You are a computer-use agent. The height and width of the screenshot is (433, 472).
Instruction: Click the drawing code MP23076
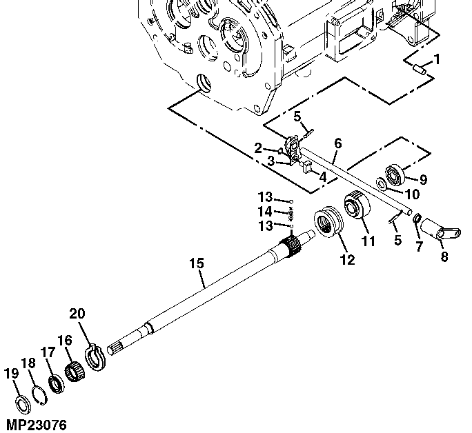click(x=37, y=425)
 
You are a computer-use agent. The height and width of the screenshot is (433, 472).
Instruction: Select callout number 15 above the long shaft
click(x=197, y=263)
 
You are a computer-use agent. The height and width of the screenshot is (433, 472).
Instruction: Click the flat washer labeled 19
click(x=23, y=405)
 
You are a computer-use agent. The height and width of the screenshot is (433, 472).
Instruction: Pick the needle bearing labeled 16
click(x=75, y=372)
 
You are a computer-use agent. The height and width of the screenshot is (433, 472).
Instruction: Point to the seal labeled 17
click(x=57, y=384)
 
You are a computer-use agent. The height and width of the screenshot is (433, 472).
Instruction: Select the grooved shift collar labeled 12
click(x=328, y=223)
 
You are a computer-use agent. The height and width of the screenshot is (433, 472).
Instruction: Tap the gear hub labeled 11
click(x=357, y=205)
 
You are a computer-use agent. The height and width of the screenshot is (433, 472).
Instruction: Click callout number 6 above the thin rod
click(x=338, y=143)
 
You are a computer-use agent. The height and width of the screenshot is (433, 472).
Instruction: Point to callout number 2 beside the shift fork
click(x=258, y=148)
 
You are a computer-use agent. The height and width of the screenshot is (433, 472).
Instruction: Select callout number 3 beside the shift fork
click(x=271, y=161)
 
